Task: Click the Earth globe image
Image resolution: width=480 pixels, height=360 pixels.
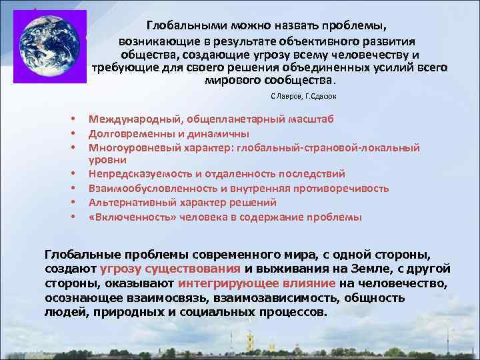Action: [49, 46]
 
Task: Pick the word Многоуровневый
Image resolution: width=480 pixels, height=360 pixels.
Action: [127, 147]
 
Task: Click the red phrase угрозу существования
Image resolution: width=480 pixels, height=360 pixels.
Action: [171, 269]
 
